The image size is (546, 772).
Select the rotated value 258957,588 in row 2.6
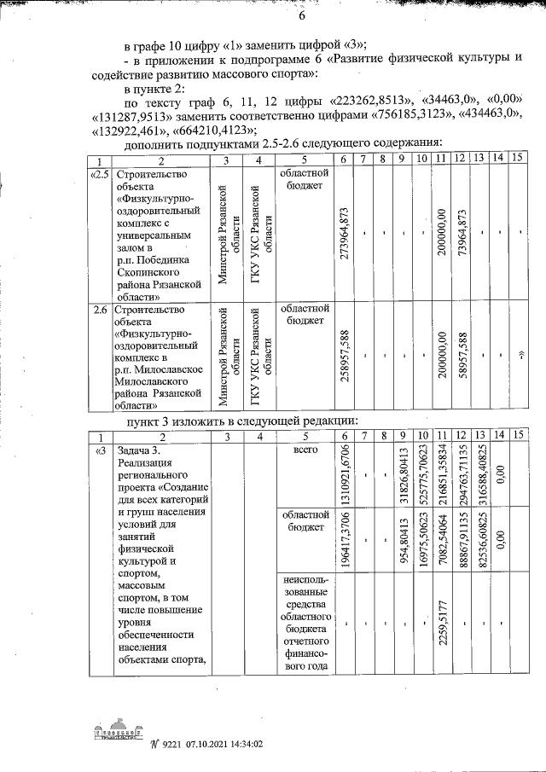tap(342, 356)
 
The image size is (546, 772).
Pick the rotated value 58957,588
tap(462, 356)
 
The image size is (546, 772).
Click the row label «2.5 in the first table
tap(100, 174)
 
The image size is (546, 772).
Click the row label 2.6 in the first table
tap(101, 310)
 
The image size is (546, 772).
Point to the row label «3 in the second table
tap(101, 450)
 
